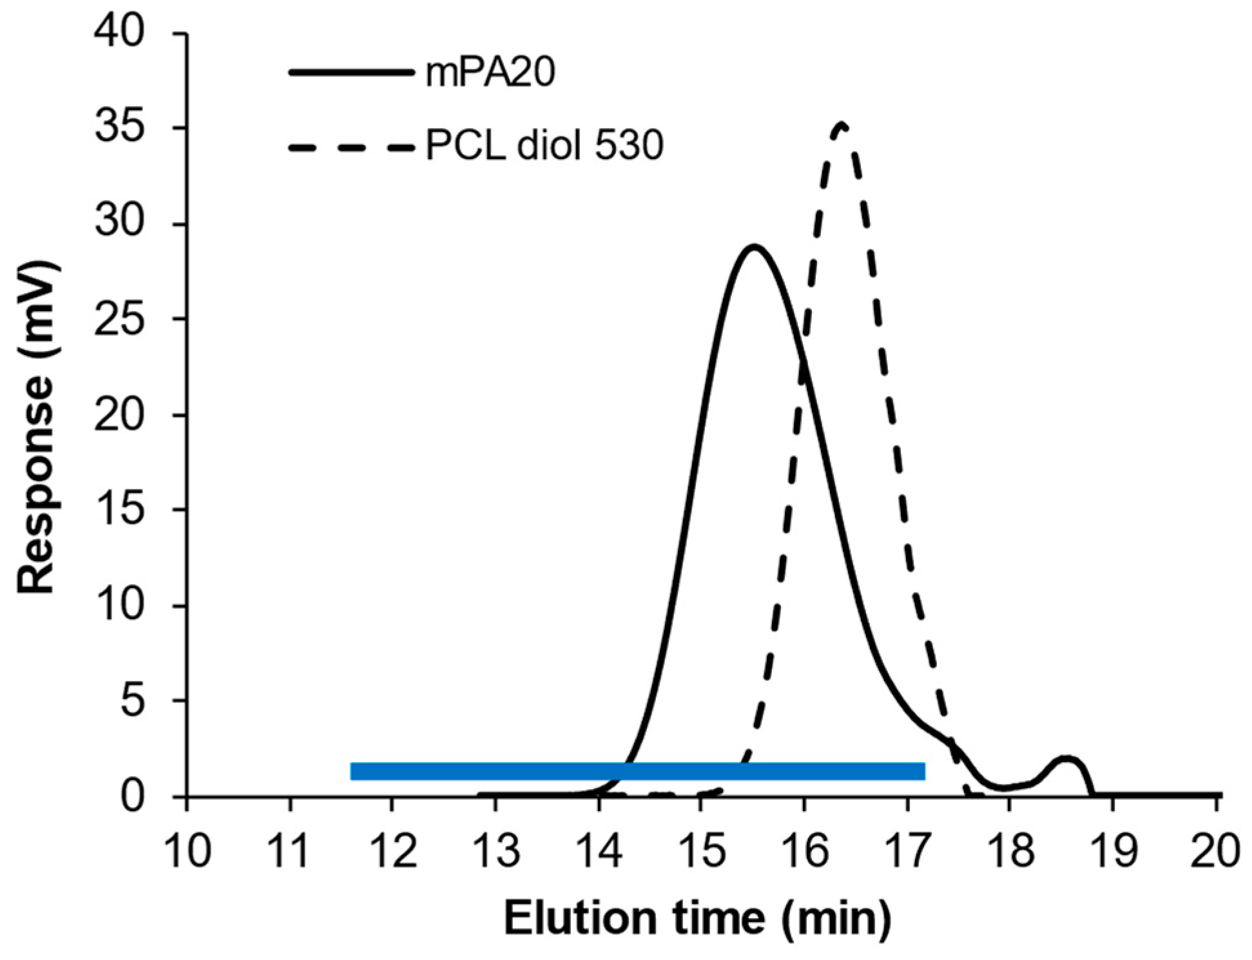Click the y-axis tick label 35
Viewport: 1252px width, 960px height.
coord(119,128)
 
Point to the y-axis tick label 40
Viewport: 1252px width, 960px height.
coord(119,32)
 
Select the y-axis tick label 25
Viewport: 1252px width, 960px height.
coord(119,319)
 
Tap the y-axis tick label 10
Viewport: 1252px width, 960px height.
coord(119,606)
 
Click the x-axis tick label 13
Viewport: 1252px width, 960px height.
coord(496,850)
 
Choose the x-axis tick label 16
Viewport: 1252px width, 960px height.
coord(804,850)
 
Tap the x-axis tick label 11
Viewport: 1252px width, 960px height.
coord(290,850)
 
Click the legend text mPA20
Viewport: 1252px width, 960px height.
coord(490,72)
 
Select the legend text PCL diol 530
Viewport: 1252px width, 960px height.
coord(544,146)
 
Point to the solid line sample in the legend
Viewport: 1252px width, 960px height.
coord(351,72)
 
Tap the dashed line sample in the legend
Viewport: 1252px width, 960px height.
coord(351,147)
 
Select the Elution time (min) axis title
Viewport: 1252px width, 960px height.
coord(697,918)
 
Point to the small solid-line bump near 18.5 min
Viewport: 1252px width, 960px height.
coord(1066,759)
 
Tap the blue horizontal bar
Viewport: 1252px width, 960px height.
coord(637,771)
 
